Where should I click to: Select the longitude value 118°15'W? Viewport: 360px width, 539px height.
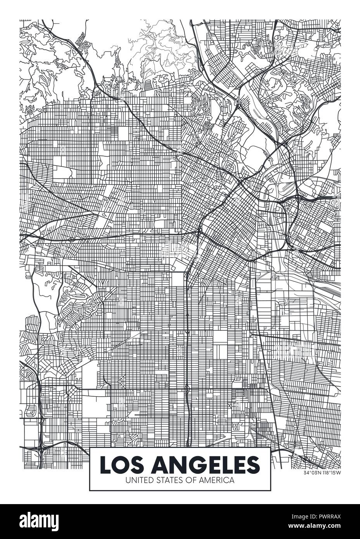tap(330, 472)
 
